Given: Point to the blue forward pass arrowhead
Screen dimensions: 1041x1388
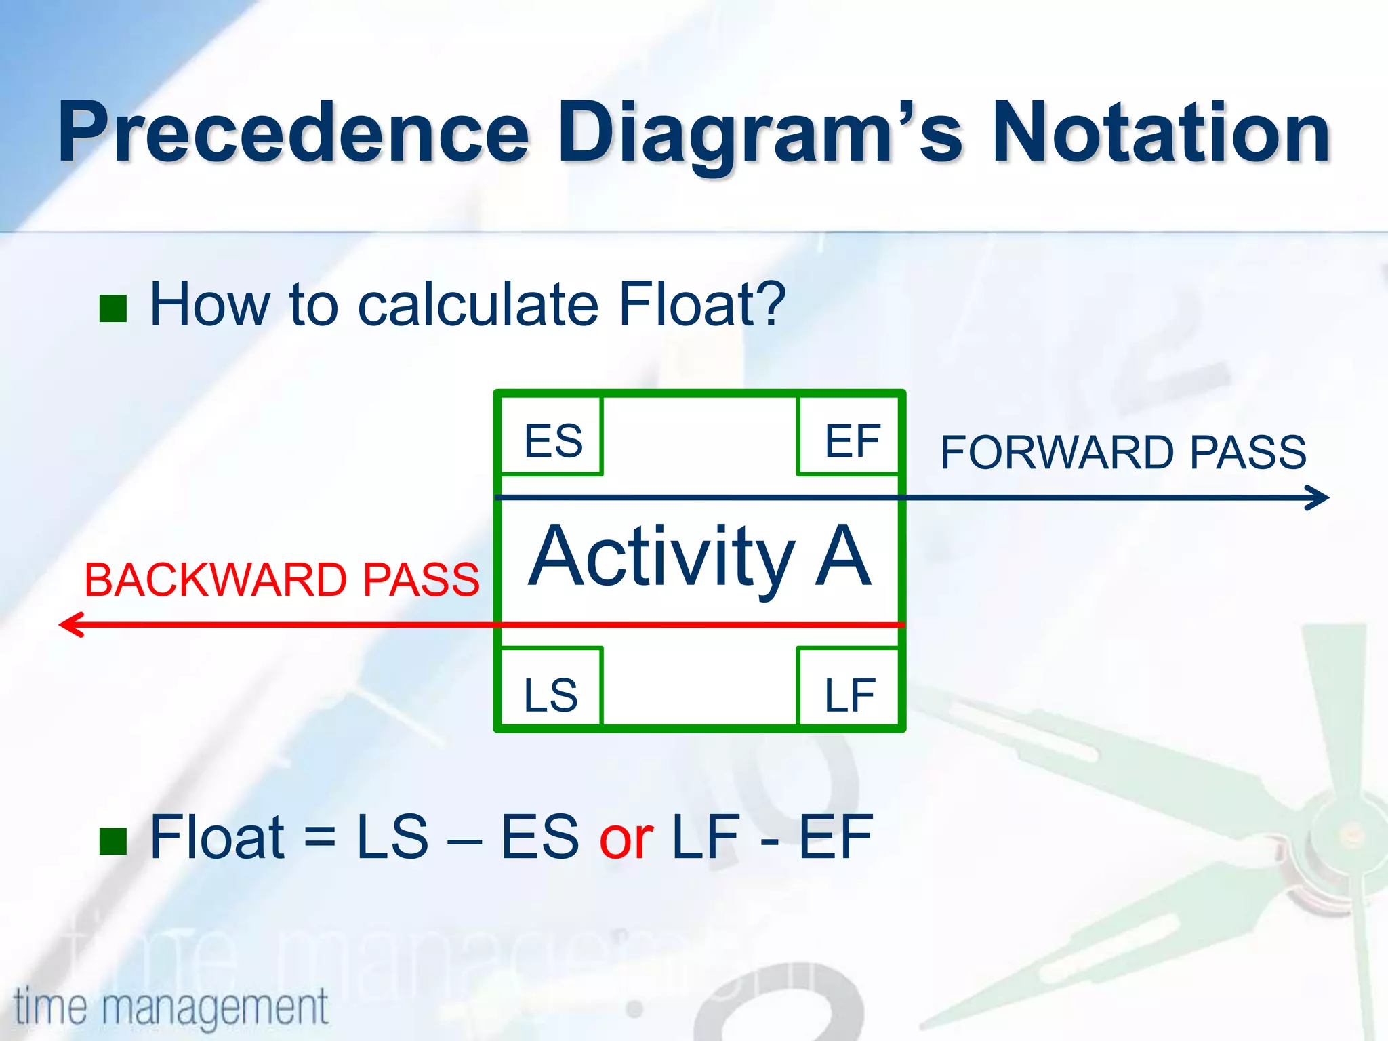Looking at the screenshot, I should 1320,497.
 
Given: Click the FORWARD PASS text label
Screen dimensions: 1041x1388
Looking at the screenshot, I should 1123,452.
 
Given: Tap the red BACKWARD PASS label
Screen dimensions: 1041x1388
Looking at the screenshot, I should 281,579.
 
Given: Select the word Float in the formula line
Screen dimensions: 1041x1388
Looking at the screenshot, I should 217,838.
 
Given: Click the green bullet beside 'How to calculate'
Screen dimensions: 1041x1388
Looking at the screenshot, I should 113,308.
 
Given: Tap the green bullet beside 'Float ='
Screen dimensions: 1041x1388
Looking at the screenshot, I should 113,841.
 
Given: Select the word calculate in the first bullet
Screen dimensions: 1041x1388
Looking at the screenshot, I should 478,304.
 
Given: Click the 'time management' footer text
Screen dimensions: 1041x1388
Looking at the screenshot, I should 171,1007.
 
